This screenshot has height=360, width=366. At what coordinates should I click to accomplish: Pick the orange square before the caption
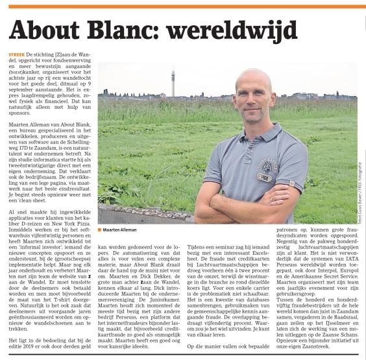pos(100,230)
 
